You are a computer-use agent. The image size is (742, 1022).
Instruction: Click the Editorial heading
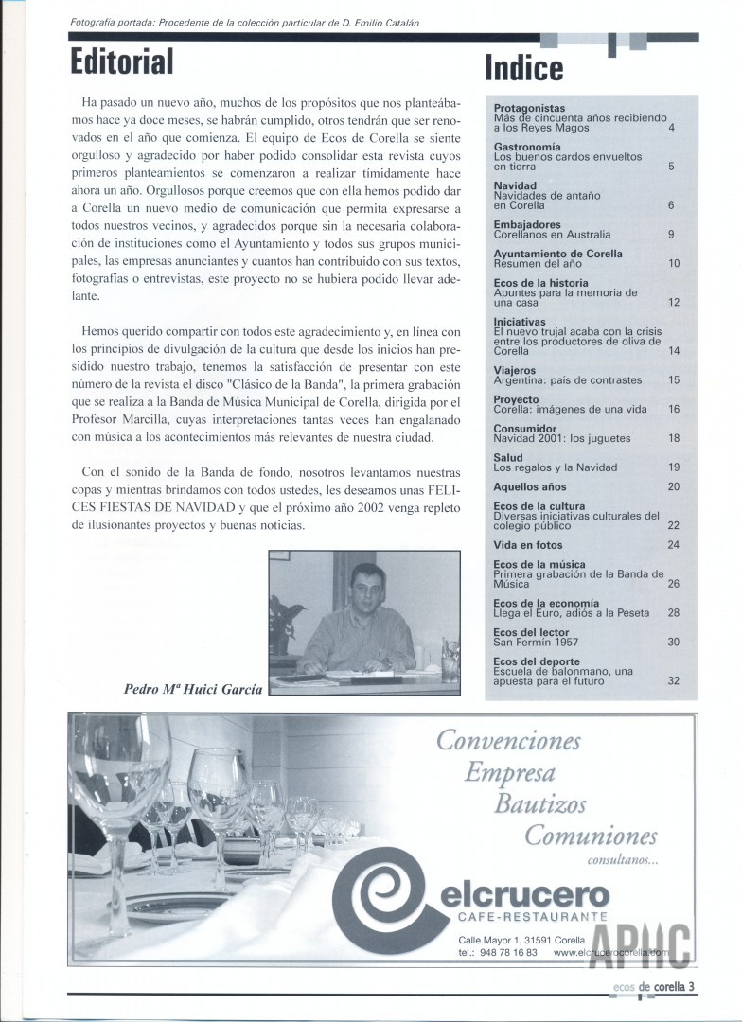[x=122, y=62]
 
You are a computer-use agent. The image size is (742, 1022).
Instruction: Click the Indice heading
[x=523, y=67]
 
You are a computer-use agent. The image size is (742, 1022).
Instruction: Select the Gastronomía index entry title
[x=527, y=148]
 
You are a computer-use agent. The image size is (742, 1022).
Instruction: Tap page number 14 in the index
[x=674, y=350]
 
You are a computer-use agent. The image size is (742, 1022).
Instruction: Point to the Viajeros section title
[x=515, y=370]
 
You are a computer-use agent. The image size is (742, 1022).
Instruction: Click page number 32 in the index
[x=674, y=679]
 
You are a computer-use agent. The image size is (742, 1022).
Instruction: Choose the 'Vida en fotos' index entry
[x=528, y=545]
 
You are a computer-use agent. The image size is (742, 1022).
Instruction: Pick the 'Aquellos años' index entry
[x=529, y=486]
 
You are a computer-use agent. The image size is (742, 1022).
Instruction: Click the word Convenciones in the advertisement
[x=509, y=739]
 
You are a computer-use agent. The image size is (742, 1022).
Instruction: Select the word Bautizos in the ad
[x=540, y=804]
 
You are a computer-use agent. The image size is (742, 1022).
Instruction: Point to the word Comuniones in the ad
[x=591, y=837]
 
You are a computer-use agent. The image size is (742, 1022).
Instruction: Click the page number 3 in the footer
[x=693, y=987]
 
